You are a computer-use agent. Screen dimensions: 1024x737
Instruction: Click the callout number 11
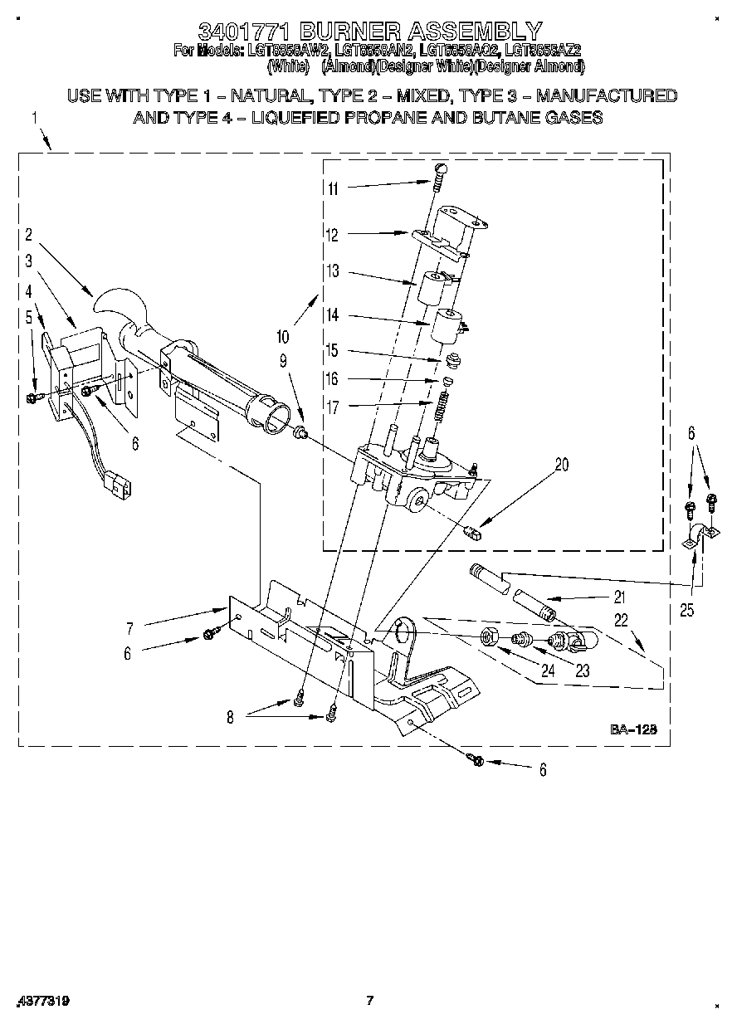(x=332, y=188)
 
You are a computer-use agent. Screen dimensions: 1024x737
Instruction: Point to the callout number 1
(x=35, y=118)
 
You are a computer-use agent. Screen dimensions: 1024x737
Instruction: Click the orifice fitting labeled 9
(x=302, y=431)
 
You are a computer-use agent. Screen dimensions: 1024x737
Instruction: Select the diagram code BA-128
(x=634, y=729)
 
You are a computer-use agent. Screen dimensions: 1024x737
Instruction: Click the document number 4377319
(x=42, y=1002)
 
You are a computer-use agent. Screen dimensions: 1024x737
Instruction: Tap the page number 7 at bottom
(x=370, y=1001)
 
